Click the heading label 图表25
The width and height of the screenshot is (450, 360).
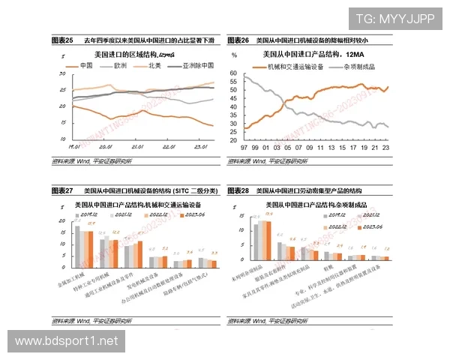point(61,40)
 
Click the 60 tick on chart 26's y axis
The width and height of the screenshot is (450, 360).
point(234,73)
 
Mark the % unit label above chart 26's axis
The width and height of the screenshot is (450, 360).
point(234,55)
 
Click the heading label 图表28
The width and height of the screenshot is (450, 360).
point(241,190)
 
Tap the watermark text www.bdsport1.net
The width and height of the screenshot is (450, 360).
point(67,341)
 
